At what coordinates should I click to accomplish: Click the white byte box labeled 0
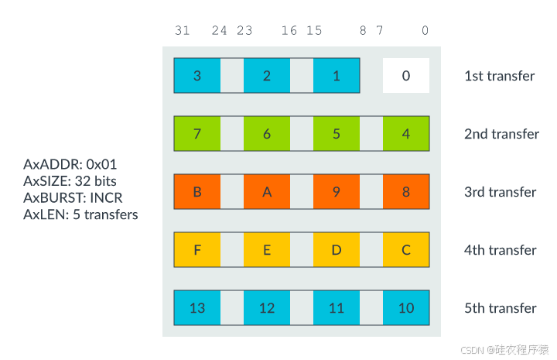click(x=406, y=76)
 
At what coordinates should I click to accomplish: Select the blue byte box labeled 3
click(x=197, y=76)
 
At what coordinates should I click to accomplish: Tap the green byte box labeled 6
click(x=267, y=134)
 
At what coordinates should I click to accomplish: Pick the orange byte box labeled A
click(x=267, y=192)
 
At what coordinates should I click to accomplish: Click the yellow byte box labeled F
click(x=197, y=250)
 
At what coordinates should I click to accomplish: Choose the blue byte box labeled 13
click(x=197, y=308)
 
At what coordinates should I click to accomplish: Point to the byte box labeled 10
click(x=406, y=308)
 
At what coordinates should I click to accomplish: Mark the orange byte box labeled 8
click(x=406, y=192)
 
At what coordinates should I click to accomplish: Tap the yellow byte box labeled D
click(x=337, y=250)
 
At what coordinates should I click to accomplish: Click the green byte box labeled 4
click(x=406, y=134)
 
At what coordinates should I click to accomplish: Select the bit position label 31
click(x=183, y=31)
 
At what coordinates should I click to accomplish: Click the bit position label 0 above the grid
click(x=425, y=31)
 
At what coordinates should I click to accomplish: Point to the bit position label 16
click(x=289, y=31)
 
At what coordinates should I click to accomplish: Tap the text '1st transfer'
click(x=500, y=76)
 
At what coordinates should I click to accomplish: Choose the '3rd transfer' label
click(x=501, y=192)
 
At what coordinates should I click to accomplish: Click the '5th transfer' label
click(x=501, y=308)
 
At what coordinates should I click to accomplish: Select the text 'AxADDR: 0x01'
click(x=70, y=164)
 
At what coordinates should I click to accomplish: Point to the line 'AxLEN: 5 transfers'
click(x=80, y=214)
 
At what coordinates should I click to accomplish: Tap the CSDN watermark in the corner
click(x=504, y=349)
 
